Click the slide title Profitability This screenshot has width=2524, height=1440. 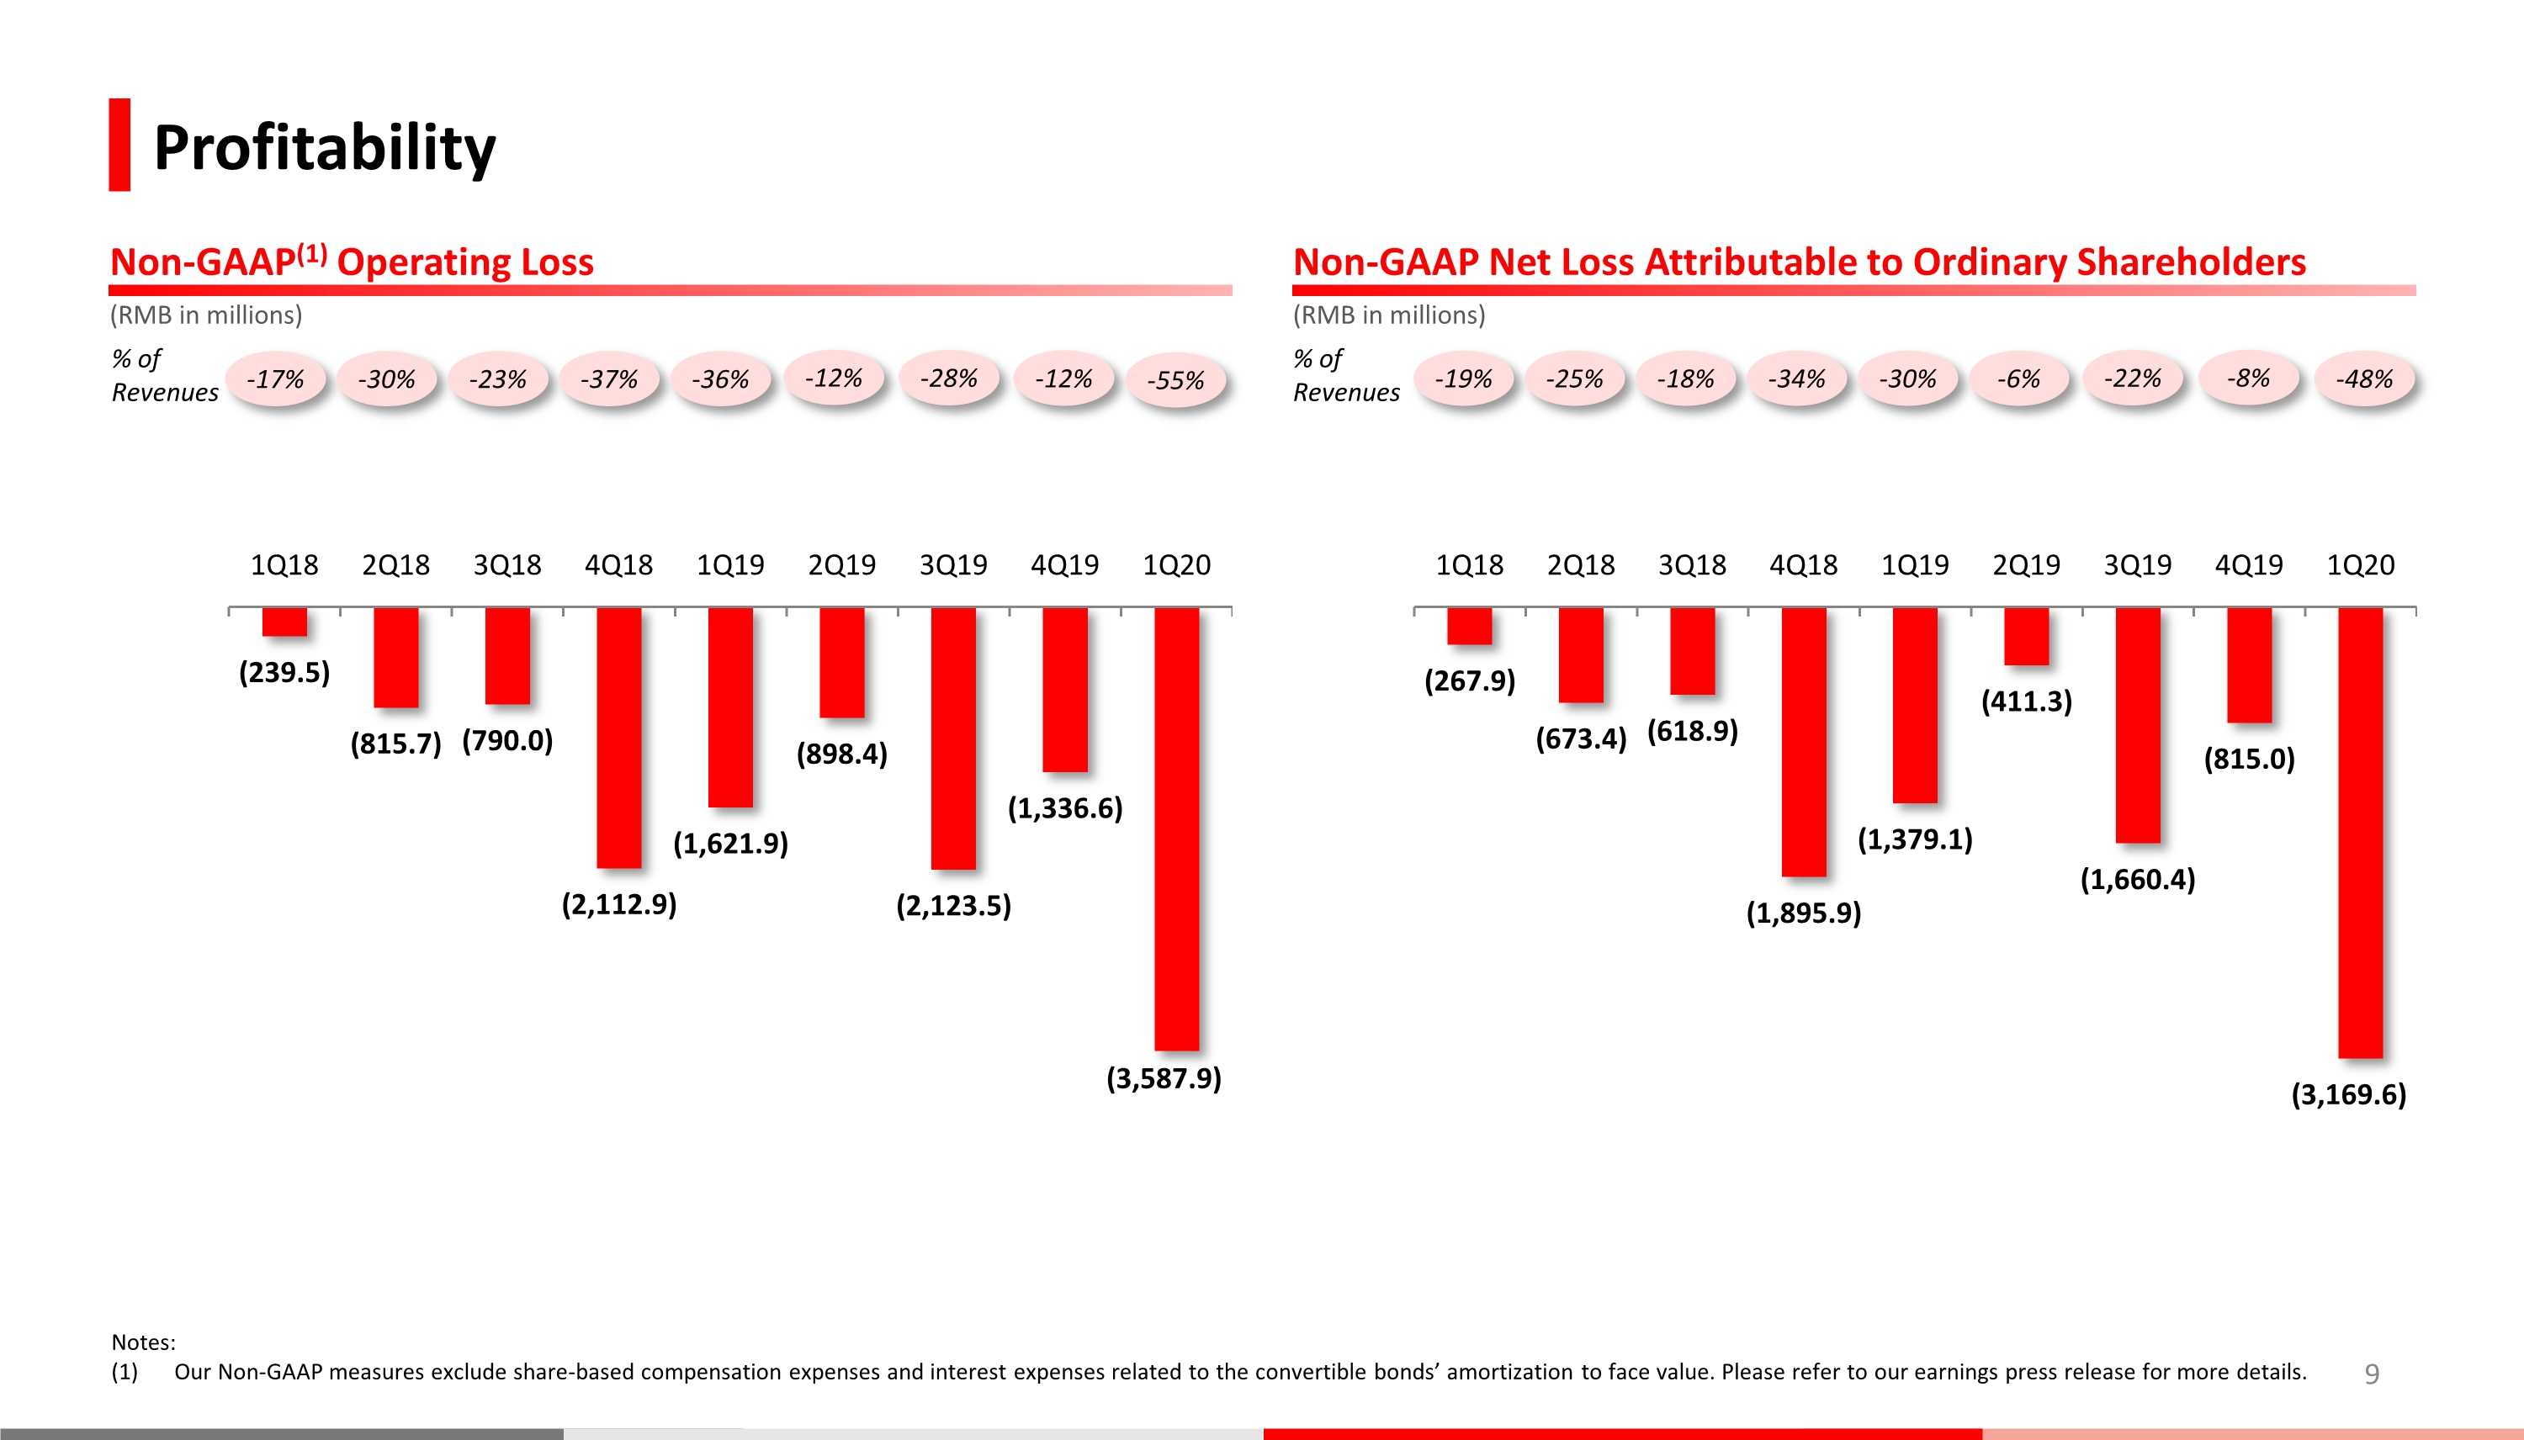tap(325, 147)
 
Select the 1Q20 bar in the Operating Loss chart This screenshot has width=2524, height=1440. tap(1176, 828)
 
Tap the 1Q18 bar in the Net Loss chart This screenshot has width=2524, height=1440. tap(1469, 626)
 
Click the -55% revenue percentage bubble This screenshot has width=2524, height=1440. tap(1175, 380)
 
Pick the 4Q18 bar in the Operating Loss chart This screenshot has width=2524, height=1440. tap(619, 737)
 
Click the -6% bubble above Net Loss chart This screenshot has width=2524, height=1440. tap(2018, 379)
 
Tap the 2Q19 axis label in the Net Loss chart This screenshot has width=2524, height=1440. tap(2026, 564)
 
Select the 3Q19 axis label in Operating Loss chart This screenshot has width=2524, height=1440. tap(952, 564)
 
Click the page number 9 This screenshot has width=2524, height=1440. tap(2371, 1373)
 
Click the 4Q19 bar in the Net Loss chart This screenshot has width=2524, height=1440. tap(2248, 664)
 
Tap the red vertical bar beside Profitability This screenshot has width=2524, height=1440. tap(119, 145)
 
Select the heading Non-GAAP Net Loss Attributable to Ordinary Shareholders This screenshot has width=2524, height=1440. tap(1799, 262)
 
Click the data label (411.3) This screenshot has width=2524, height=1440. tap(2026, 701)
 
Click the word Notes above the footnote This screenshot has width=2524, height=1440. tap(142, 1342)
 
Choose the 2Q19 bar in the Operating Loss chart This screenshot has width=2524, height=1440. tap(841, 662)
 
